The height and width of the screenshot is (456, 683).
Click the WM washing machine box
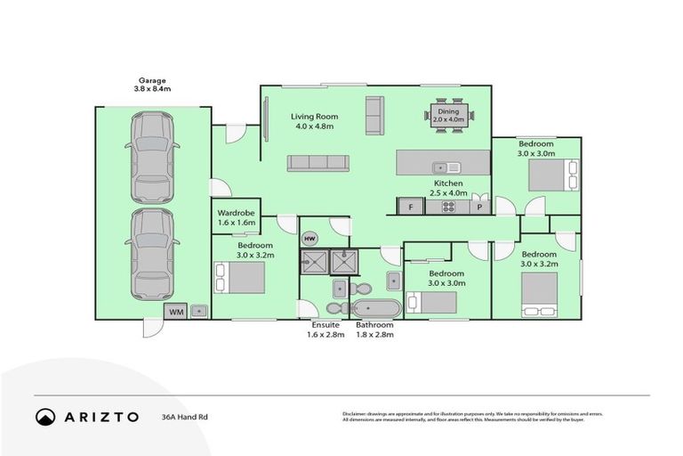[174, 311]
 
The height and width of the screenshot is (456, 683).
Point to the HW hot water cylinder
[310, 239]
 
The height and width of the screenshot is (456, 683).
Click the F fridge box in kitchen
[410, 207]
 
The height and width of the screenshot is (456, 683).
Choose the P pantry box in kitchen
[479, 207]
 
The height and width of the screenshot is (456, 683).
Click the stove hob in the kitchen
[449, 207]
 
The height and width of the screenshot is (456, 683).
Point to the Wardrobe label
[237, 217]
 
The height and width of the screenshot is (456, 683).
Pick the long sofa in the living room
[317, 162]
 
